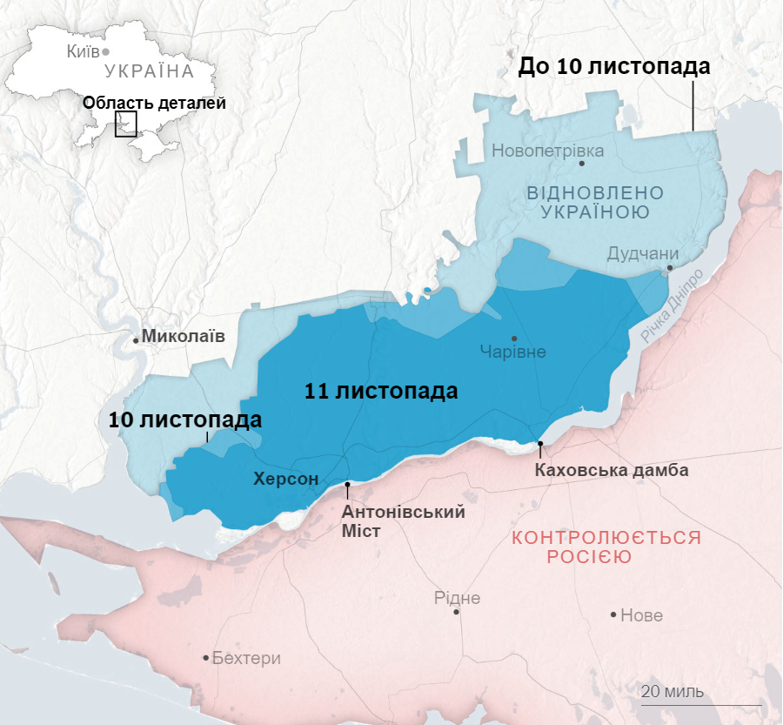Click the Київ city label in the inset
click(x=83, y=51)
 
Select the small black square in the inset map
click(x=126, y=124)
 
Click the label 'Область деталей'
click(x=154, y=103)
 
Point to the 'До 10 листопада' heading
click(x=614, y=66)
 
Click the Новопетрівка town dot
click(x=582, y=163)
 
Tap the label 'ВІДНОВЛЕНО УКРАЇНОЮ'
click(x=595, y=202)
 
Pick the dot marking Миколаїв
click(x=136, y=340)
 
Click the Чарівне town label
click(x=513, y=352)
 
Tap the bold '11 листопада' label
click(x=381, y=392)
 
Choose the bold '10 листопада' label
click(x=184, y=420)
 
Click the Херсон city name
click(x=285, y=478)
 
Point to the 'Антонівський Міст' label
click(x=403, y=520)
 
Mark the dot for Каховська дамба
click(x=540, y=445)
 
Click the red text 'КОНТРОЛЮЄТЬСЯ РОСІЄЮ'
click(x=606, y=547)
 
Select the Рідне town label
click(x=457, y=598)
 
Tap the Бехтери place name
click(x=246, y=658)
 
